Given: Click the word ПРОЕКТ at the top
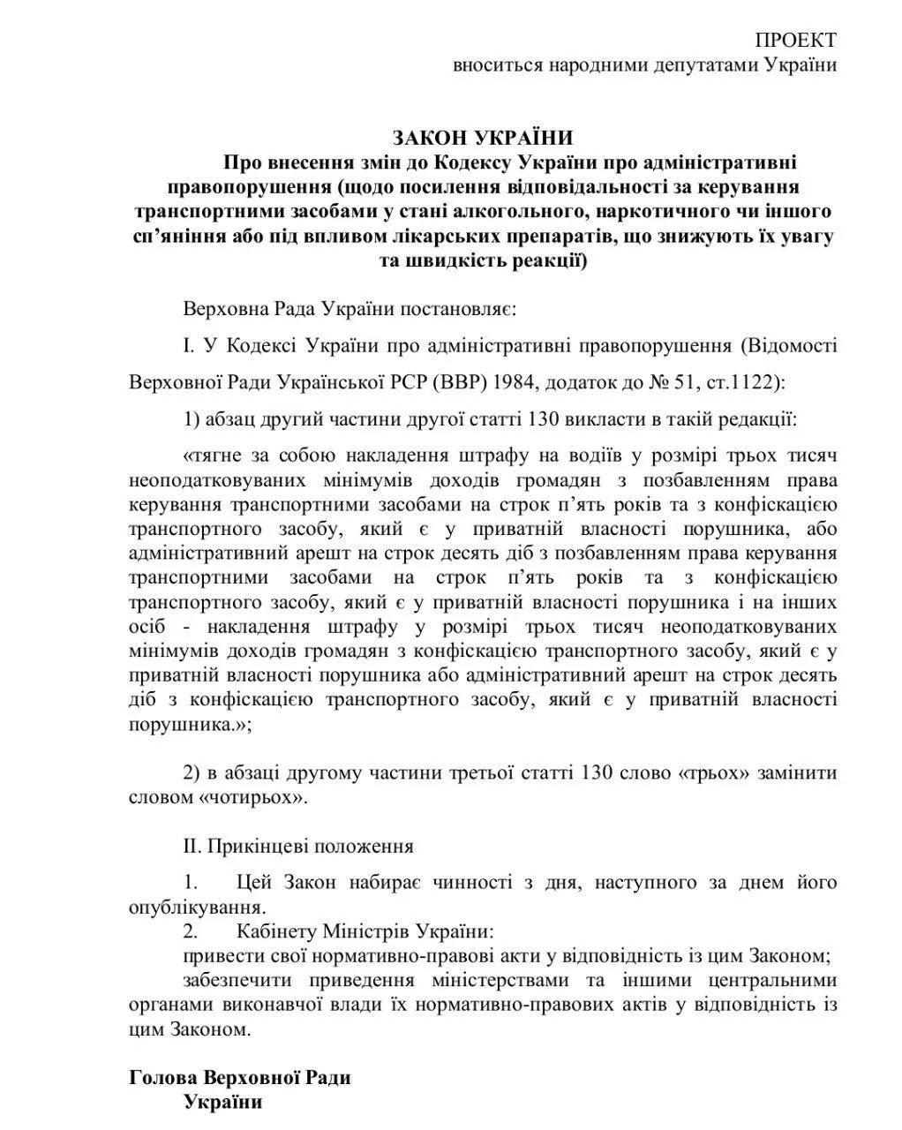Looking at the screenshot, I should click(795, 40).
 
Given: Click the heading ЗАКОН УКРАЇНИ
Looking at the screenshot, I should click(483, 138).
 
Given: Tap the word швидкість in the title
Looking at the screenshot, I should click(458, 261).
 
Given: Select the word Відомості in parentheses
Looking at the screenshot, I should click(793, 344).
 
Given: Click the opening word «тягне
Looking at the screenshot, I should click(214, 456).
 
